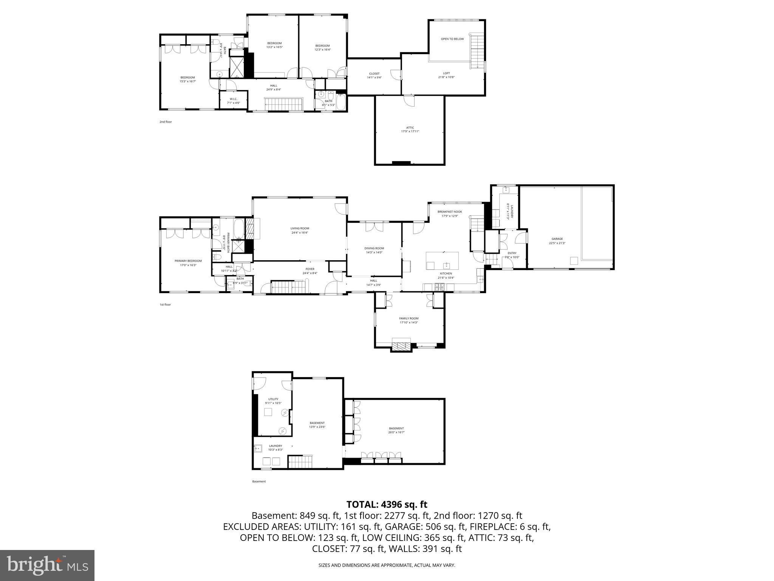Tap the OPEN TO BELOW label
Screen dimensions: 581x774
452,39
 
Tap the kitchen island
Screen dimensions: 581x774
442,261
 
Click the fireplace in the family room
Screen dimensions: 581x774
401,346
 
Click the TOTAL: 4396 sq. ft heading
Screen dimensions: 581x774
387,504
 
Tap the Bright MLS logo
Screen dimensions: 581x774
47,565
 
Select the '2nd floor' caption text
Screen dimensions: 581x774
166,122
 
